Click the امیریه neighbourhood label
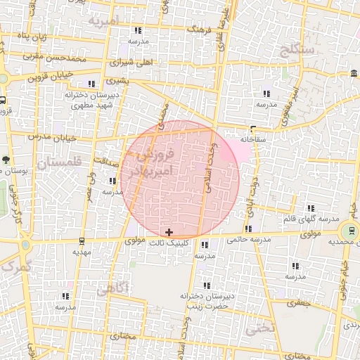105,21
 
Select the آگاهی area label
112,288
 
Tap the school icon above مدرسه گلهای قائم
311,208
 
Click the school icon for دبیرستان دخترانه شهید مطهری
91,84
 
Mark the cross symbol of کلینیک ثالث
169,231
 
